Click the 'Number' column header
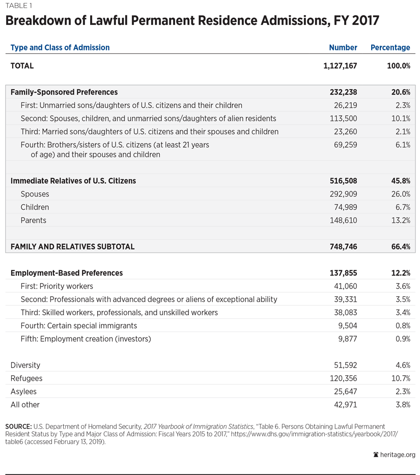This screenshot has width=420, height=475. click(343, 47)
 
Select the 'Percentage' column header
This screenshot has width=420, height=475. click(390, 47)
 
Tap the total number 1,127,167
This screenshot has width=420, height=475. click(340, 66)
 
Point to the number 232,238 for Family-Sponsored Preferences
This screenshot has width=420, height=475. click(344, 92)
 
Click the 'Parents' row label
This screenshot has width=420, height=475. click(34, 220)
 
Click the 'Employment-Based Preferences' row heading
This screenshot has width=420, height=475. click(67, 273)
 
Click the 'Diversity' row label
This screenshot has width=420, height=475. click(25, 365)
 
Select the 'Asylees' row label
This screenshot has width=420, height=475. click(23, 392)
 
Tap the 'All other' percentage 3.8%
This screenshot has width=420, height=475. click(401, 405)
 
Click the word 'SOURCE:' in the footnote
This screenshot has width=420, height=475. click(18, 426)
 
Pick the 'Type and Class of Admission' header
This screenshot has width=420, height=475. click(60, 47)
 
